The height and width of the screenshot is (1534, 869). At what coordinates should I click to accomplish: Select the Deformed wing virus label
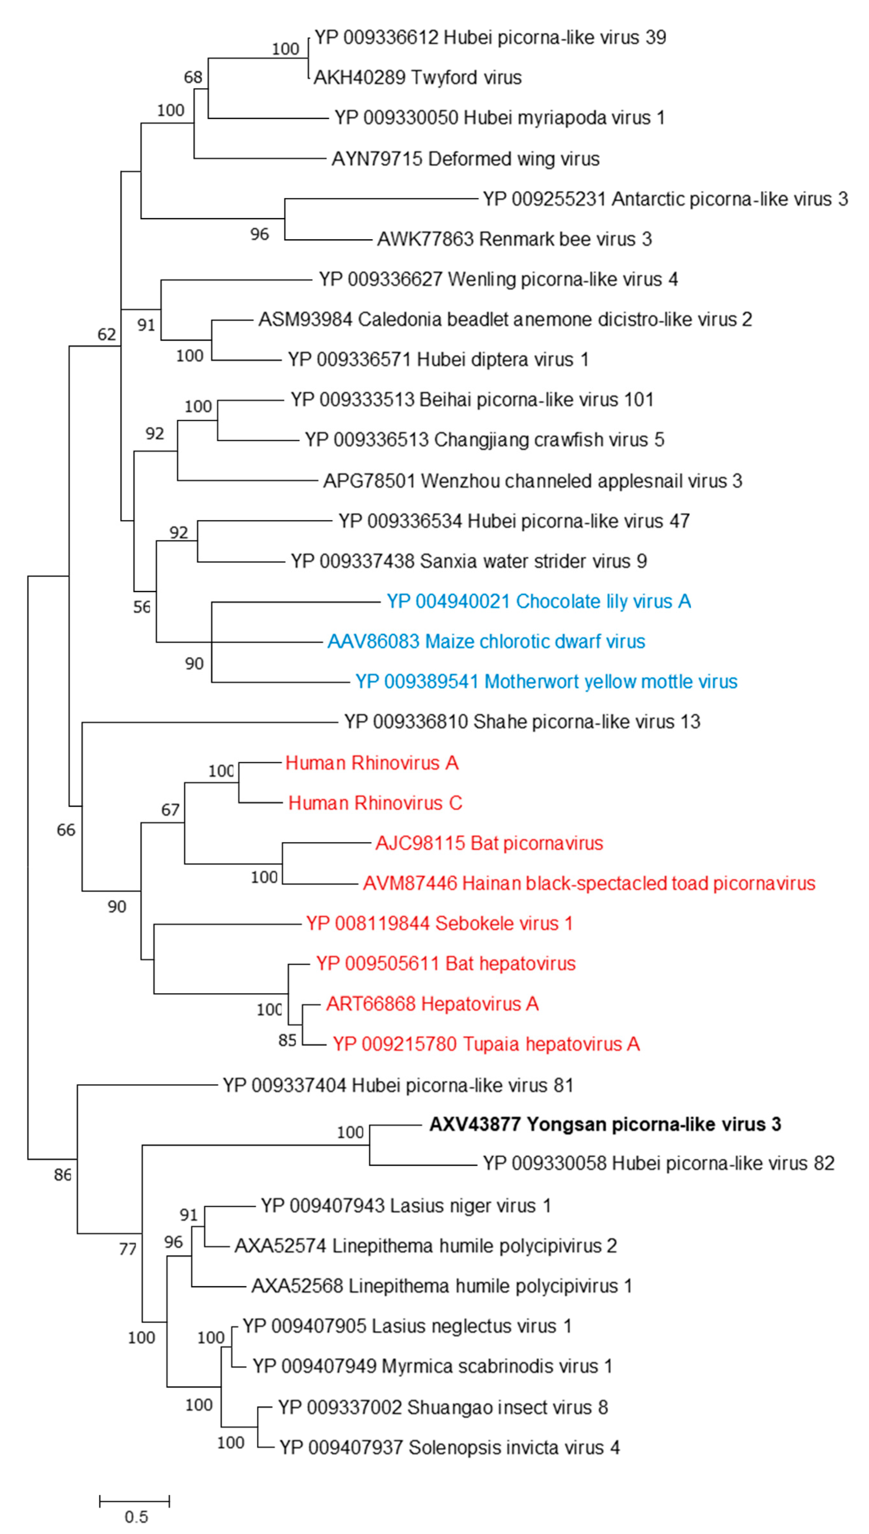click(x=466, y=159)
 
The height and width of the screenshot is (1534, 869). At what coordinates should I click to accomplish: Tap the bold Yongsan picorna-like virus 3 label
click(x=605, y=1124)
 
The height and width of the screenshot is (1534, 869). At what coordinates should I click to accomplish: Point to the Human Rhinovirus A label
click(x=372, y=763)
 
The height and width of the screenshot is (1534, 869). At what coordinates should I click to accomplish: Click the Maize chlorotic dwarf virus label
click(x=487, y=641)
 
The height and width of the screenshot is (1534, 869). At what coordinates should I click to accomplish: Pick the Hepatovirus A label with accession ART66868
click(x=432, y=1004)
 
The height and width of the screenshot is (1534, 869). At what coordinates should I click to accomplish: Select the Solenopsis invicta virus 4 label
click(x=449, y=1448)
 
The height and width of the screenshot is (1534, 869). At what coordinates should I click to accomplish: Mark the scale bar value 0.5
click(x=136, y=1517)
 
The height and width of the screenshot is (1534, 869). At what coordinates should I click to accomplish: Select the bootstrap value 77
click(x=128, y=1249)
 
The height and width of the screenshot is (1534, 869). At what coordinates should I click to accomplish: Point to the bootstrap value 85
click(x=287, y=1040)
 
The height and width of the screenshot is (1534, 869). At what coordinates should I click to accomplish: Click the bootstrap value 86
click(x=63, y=1175)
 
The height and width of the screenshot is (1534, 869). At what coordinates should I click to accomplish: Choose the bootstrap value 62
click(x=107, y=334)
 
